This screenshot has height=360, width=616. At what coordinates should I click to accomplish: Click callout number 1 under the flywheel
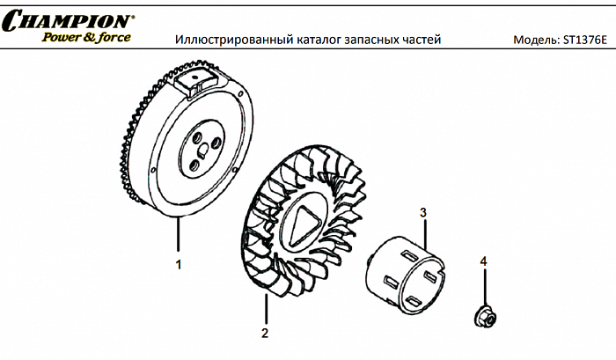[179, 263]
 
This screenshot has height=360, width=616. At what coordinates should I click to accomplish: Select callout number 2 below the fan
[264, 333]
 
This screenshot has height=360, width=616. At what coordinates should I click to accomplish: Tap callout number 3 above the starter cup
[423, 213]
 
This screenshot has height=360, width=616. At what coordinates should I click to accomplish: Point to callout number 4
[483, 261]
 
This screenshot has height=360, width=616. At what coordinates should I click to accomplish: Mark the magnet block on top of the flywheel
[195, 83]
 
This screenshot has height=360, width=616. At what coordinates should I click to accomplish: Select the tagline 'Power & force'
[86, 37]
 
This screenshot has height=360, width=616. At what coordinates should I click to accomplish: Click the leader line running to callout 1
[179, 238]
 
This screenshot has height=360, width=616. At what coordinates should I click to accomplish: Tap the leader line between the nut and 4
[483, 286]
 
